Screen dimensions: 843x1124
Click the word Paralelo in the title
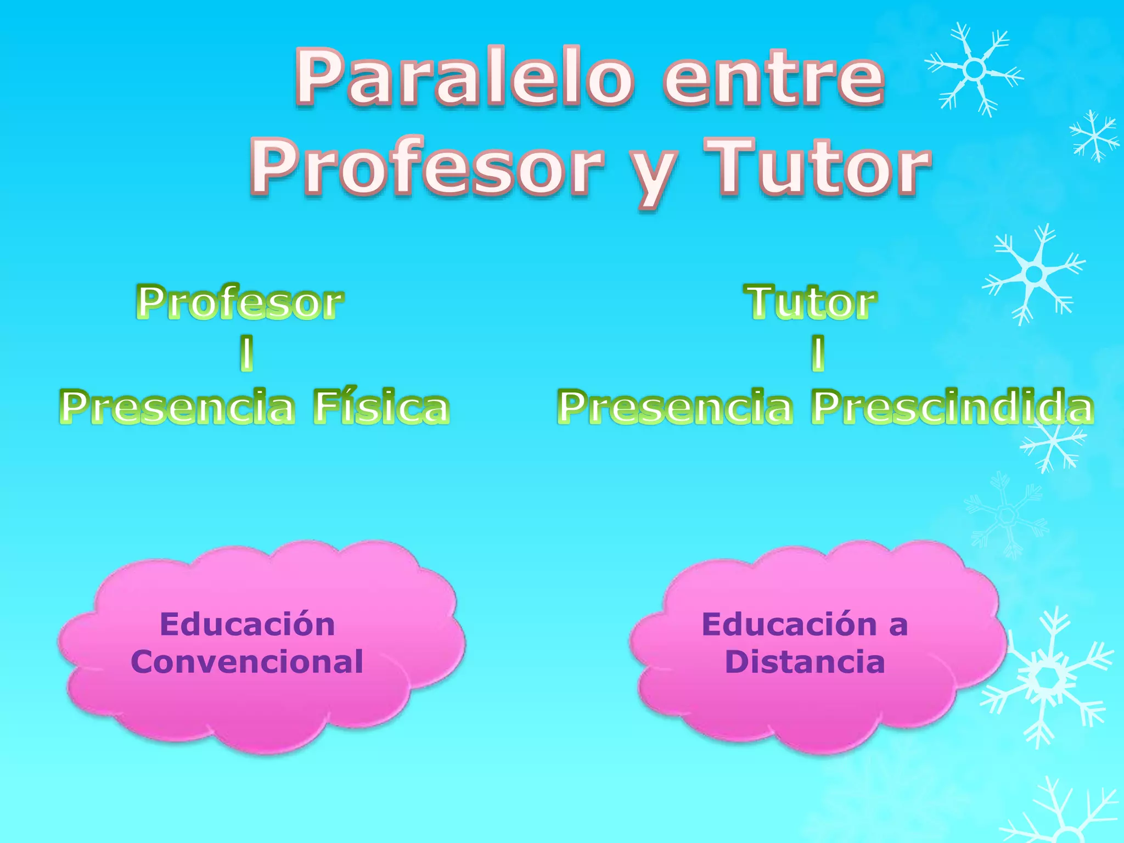464,78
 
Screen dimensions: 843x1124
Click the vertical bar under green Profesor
247,353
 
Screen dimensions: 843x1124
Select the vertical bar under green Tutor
818,353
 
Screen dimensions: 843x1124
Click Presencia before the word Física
177,407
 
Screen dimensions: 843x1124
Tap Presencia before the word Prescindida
675,407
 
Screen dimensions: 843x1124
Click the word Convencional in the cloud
247,662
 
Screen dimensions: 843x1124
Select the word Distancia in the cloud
805,662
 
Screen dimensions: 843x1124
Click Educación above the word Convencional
247,625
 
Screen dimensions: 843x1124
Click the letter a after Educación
898,626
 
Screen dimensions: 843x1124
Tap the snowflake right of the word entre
974,69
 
